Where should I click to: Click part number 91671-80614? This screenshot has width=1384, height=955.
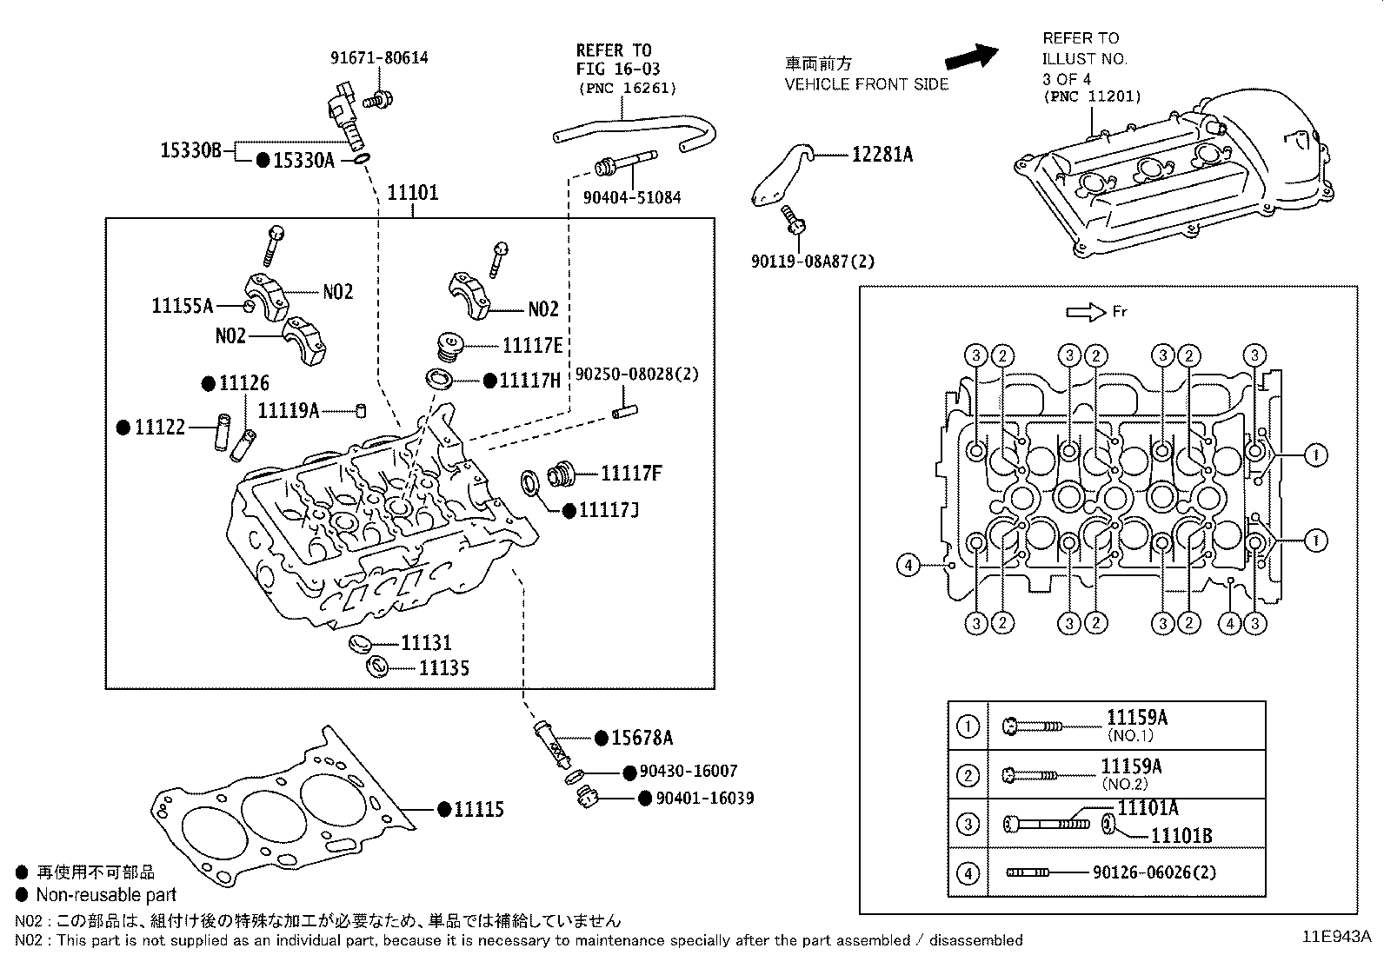[379, 58]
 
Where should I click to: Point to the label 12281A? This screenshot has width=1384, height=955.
[882, 155]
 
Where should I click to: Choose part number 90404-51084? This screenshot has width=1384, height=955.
[631, 198]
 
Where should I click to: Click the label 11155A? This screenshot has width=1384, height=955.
[183, 306]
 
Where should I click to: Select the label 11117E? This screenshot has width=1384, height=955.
[532, 346]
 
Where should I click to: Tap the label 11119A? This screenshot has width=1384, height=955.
[289, 410]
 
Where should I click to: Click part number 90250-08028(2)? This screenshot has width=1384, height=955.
[636, 375]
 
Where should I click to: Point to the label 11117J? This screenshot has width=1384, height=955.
[609, 510]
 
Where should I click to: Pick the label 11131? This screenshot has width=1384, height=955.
[426, 643]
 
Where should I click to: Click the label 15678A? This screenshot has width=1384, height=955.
[642, 739]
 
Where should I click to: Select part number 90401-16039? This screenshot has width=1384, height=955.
[704, 799]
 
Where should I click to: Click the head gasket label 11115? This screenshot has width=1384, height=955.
[479, 810]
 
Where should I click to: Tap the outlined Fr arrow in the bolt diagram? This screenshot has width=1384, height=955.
[1083, 312]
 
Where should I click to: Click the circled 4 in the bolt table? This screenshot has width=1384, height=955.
[968, 872]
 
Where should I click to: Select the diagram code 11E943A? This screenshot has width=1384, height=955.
[1335, 937]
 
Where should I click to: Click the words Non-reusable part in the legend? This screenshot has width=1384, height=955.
[106, 895]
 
